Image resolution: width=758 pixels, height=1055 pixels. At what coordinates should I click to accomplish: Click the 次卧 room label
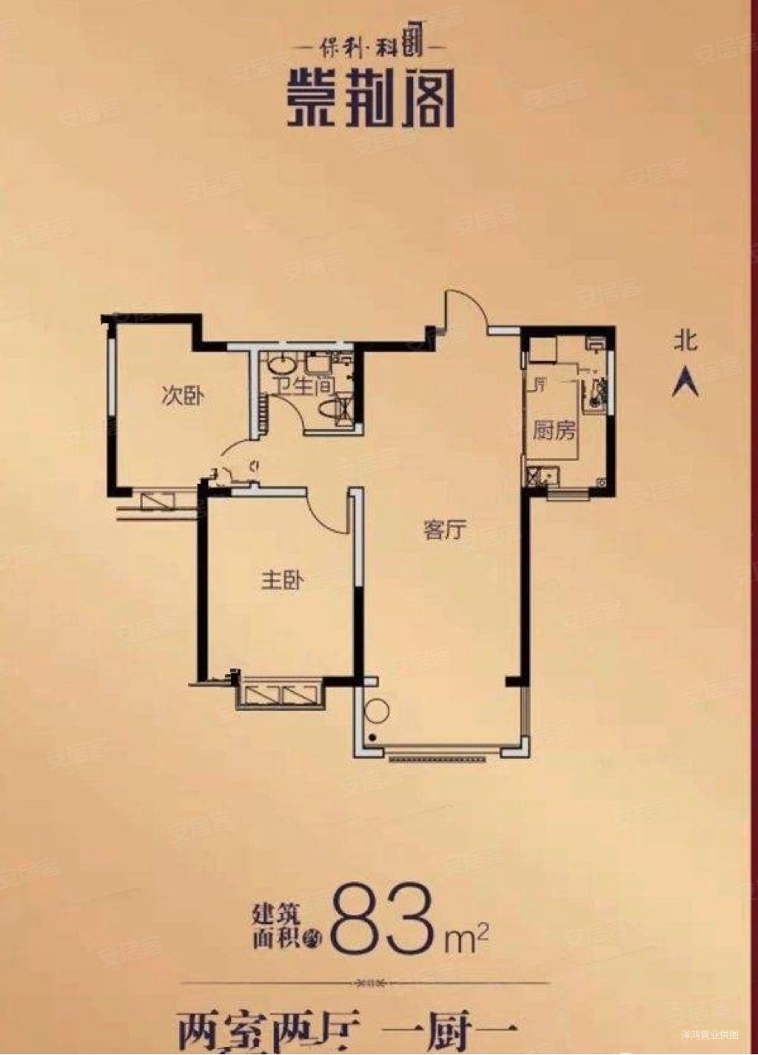[182, 397]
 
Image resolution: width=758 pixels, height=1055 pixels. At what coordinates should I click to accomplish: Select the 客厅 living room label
[444, 530]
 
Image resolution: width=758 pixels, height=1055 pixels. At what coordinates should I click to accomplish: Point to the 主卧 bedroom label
[282, 582]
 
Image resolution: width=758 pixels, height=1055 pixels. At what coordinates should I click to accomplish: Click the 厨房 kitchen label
[554, 431]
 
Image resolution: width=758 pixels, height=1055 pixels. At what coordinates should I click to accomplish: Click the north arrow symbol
[685, 382]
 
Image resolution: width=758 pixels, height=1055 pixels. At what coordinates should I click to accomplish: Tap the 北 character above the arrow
[685, 342]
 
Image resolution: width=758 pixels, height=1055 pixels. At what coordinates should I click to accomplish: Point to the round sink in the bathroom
[281, 365]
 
